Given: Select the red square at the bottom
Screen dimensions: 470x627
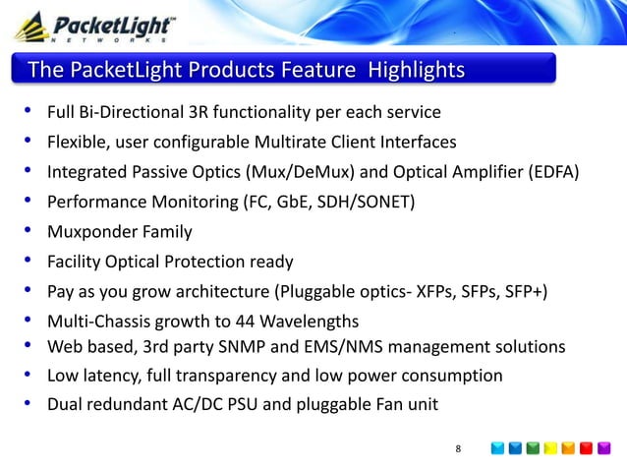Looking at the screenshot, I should coord(586,449).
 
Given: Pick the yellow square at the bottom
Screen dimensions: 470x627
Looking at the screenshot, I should coord(550,449).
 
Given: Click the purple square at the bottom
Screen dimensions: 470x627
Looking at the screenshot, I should coord(603,449).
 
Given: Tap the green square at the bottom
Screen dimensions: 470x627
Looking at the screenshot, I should coord(533,449).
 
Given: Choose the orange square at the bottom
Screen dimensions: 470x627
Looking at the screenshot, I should coord(568,449).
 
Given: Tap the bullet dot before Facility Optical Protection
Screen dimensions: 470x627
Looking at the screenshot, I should coord(28,262).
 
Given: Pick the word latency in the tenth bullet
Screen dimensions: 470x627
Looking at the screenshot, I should coord(111,376).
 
